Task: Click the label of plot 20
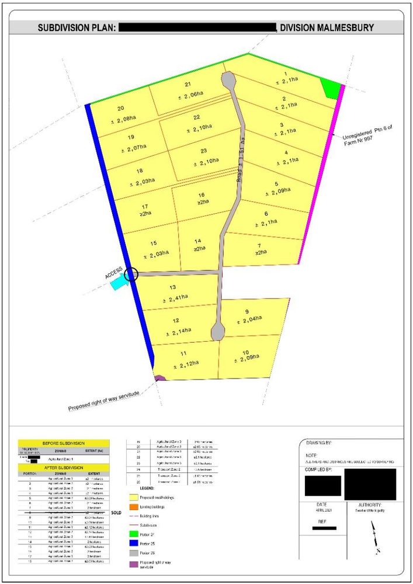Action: (x=121, y=109)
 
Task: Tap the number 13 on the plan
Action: (x=172, y=287)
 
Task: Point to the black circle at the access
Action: (x=131, y=274)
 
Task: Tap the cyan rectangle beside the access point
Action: (x=119, y=282)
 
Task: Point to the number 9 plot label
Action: (x=247, y=311)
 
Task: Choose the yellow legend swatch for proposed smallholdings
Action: (x=133, y=498)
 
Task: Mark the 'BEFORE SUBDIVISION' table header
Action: (x=64, y=444)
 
